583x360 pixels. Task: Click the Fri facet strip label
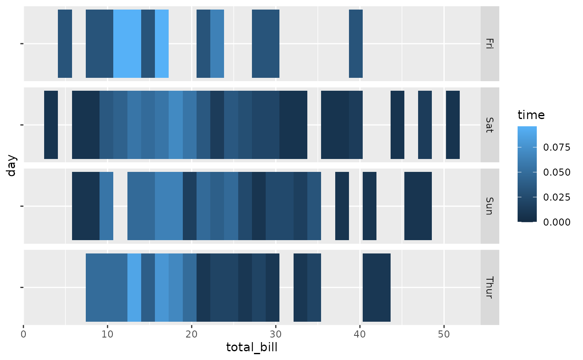(x=489, y=44)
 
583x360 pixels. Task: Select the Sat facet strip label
(x=489, y=125)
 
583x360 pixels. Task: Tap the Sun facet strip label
(x=489, y=206)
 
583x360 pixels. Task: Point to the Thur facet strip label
(x=489, y=287)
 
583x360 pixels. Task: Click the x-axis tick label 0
(x=24, y=335)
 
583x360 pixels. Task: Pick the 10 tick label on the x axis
(x=107, y=335)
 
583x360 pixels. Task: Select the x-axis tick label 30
(x=276, y=335)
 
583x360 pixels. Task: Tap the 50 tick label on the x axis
(x=444, y=335)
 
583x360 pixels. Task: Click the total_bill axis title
(x=252, y=348)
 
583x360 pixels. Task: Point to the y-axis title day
(x=11, y=165)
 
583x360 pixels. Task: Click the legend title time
(x=531, y=114)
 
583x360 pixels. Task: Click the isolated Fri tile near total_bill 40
(x=356, y=44)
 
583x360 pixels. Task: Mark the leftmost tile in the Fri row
(x=65, y=44)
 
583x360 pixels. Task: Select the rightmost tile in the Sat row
(x=453, y=125)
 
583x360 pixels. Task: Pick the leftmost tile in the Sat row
(x=51, y=125)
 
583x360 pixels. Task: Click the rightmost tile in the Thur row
(x=376, y=287)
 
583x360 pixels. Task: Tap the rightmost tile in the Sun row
(x=418, y=206)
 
